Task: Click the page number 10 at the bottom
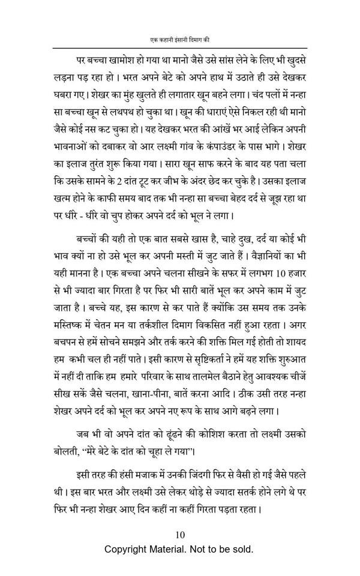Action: (x=180, y=535)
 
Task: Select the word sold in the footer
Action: (x=243, y=550)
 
